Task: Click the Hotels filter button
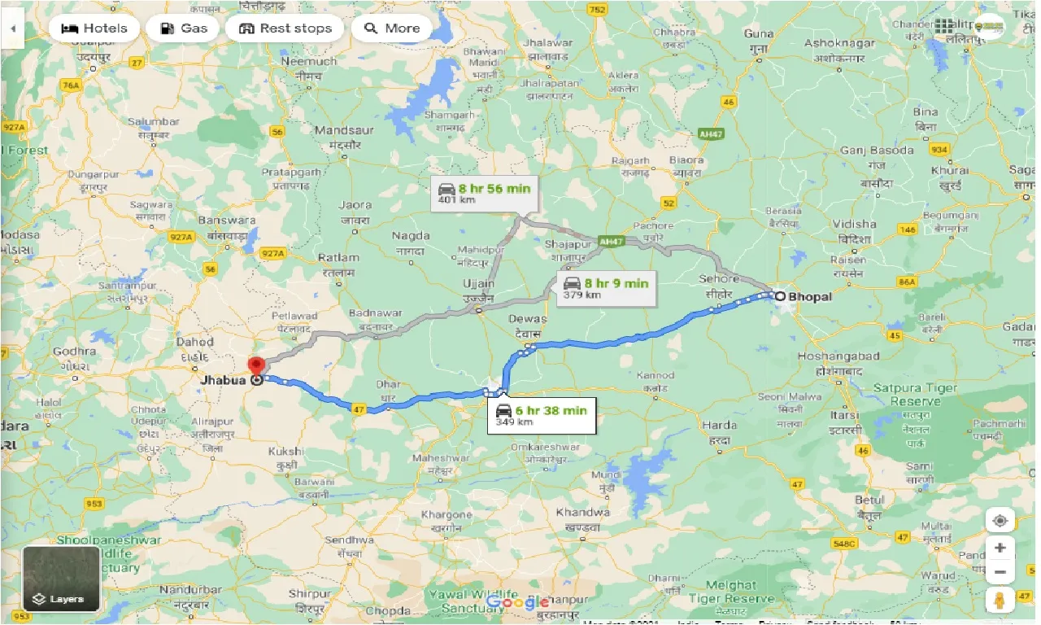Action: tap(94, 28)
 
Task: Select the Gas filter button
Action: tap(184, 28)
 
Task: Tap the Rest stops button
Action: tap(285, 28)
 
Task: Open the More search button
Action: tap(392, 28)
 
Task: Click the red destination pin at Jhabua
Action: tap(257, 367)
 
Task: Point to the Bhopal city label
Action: tap(808, 297)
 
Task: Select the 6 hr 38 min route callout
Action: tap(541, 415)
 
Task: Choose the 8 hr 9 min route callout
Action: tap(607, 288)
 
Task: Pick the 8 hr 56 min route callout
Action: tap(484, 194)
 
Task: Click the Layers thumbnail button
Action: tap(62, 579)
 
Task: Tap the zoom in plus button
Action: tap(1000, 547)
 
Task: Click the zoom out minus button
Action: tap(1000, 572)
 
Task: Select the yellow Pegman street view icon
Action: tap(1000, 601)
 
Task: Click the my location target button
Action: tap(1000, 521)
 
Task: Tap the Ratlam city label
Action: tap(338, 258)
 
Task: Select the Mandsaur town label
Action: tap(343, 130)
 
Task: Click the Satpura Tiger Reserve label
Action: tap(915, 395)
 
